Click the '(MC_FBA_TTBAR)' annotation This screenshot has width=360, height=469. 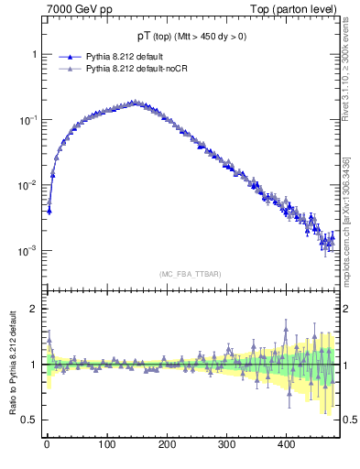tap(190, 274)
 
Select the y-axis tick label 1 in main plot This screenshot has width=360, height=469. tap(34, 55)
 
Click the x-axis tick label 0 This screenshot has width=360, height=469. tap(47, 444)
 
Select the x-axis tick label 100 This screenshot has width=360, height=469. tap(106, 444)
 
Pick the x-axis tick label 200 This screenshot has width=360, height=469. tap(166, 444)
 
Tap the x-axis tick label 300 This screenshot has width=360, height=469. tap(225, 444)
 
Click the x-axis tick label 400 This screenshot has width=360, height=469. tap(285, 444)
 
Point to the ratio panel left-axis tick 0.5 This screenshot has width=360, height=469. tap(29, 420)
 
